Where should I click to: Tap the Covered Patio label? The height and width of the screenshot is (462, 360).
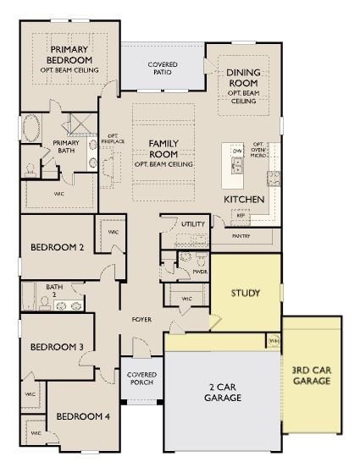click(x=163, y=69)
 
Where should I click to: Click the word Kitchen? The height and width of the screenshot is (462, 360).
click(x=244, y=199)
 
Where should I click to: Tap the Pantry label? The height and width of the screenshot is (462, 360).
click(x=241, y=236)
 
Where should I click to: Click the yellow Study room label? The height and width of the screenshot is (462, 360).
click(x=246, y=293)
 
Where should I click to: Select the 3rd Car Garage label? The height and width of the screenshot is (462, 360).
click(x=311, y=375)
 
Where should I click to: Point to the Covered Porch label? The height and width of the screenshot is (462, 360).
click(x=141, y=378)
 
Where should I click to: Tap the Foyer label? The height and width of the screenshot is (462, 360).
click(x=141, y=320)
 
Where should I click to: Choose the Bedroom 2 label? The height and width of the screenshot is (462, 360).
click(x=57, y=248)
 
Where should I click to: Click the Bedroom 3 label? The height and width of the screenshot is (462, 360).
click(x=57, y=347)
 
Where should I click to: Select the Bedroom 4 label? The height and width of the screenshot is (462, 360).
click(x=82, y=415)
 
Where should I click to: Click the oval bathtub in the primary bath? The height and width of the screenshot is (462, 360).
click(x=31, y=129)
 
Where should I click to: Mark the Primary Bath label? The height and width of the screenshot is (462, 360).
click(x=66, y=146)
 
